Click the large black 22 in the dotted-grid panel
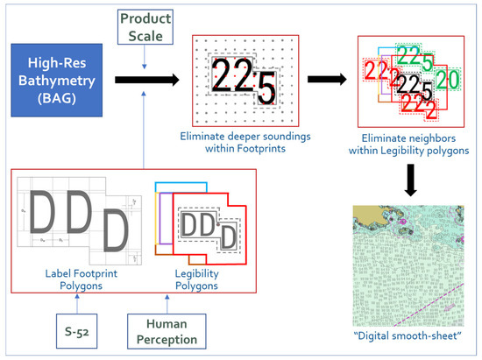click(231, 81)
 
